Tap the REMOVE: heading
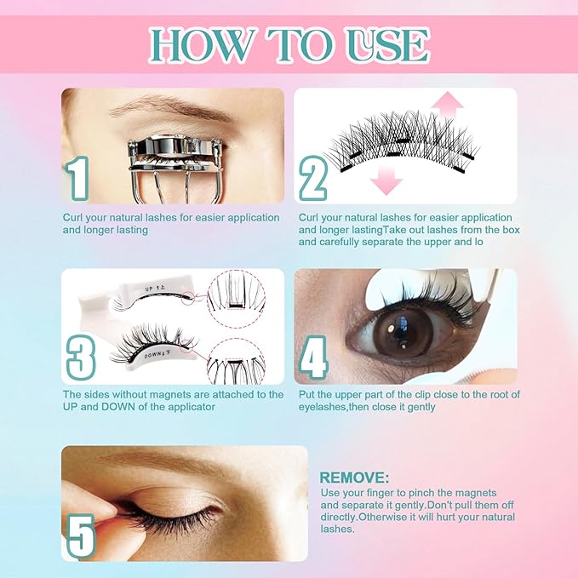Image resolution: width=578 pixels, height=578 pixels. tap(354, 478)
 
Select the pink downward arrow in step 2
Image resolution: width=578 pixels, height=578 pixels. tap(386, 179)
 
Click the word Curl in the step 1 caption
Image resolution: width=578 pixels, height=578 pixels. tap(74, 218)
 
